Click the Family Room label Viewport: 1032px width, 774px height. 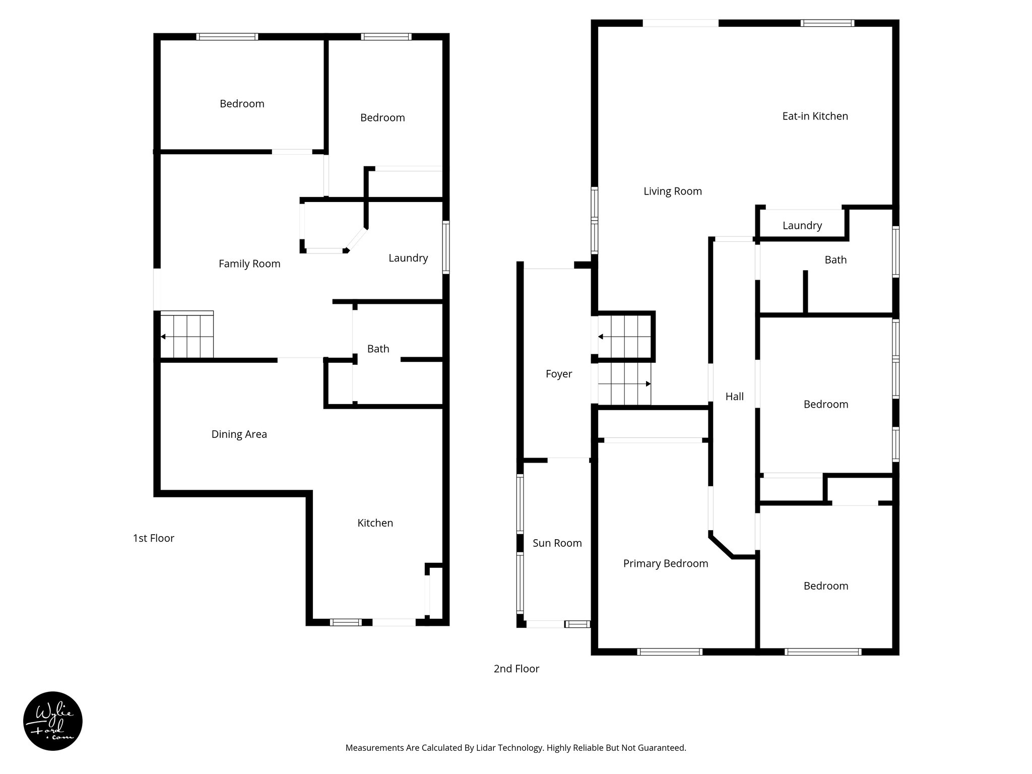pos(249,264)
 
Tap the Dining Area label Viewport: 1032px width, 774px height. pos(239,434)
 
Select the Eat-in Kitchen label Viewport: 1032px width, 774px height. pos(815,116)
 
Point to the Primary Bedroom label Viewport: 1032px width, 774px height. pos(665,563)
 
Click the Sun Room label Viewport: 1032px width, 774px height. pos(557,543)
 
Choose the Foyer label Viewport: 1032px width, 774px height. pos(559,374)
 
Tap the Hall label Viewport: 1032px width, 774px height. pos(734,397)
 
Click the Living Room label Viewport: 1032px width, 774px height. pos(672,191)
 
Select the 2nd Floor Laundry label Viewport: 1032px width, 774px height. pos(802,226)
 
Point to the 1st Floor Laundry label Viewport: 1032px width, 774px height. pos(408,258)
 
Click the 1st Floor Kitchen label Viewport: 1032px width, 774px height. pos(375,523)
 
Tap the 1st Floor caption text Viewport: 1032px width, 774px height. pos(153,538)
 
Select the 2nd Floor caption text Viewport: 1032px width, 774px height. pos(516,669)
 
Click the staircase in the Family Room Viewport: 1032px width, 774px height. pos(187,335)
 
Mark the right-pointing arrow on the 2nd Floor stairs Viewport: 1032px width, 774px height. pos(648,384)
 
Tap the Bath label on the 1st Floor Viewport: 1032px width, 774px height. pos(378,349)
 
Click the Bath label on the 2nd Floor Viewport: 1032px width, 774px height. pos(835,260)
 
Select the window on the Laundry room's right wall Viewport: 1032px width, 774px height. pos(446,247)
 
